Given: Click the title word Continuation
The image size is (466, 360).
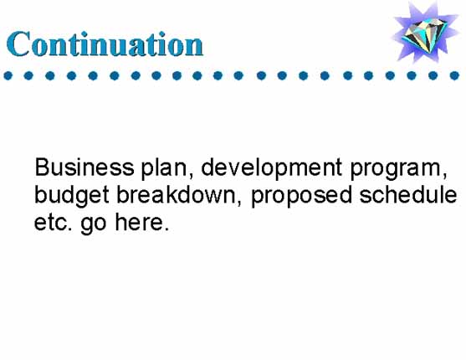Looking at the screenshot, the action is (105, 44).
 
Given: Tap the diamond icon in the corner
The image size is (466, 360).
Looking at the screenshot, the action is (425, 32).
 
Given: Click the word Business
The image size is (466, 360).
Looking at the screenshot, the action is (84, 167).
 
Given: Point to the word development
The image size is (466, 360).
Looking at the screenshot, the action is (272, 168).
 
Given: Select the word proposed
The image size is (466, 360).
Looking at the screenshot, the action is (301, 197).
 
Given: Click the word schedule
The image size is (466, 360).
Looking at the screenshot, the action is (407, 194).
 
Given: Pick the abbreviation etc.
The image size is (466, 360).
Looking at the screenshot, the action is (53, 223).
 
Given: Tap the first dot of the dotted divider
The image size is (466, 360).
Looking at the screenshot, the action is (8, 75).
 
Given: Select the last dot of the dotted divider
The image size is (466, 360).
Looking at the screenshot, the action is (454, 75).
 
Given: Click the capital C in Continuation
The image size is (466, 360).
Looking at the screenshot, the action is (18, 44).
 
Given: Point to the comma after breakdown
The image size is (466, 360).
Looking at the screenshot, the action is (239, 203).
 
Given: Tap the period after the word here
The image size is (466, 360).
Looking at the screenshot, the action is (166, 229).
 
